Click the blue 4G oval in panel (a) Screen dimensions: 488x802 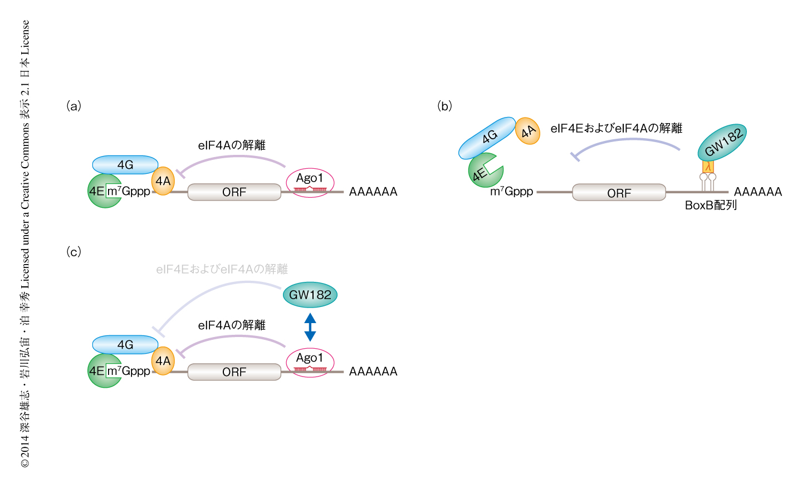point(125,165)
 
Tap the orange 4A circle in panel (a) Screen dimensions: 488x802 point(163,181)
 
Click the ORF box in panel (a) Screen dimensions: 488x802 point(234,192)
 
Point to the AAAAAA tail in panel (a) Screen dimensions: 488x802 point(373,192)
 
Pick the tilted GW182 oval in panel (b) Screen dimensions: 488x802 point(722,143)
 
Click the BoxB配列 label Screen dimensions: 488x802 point(711,206)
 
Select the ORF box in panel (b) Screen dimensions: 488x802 point(619,193)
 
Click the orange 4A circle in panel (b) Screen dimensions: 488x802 point(527,131)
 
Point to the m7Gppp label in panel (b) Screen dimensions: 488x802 point(511,192)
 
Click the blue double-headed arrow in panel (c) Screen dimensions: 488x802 point(310,327)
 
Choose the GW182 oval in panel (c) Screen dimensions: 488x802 point(310,295)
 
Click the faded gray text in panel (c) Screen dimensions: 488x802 point(222,270)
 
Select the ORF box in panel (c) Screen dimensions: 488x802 point(234,372)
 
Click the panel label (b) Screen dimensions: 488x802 point(444,106)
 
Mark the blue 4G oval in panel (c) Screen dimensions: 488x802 point(125,345)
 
